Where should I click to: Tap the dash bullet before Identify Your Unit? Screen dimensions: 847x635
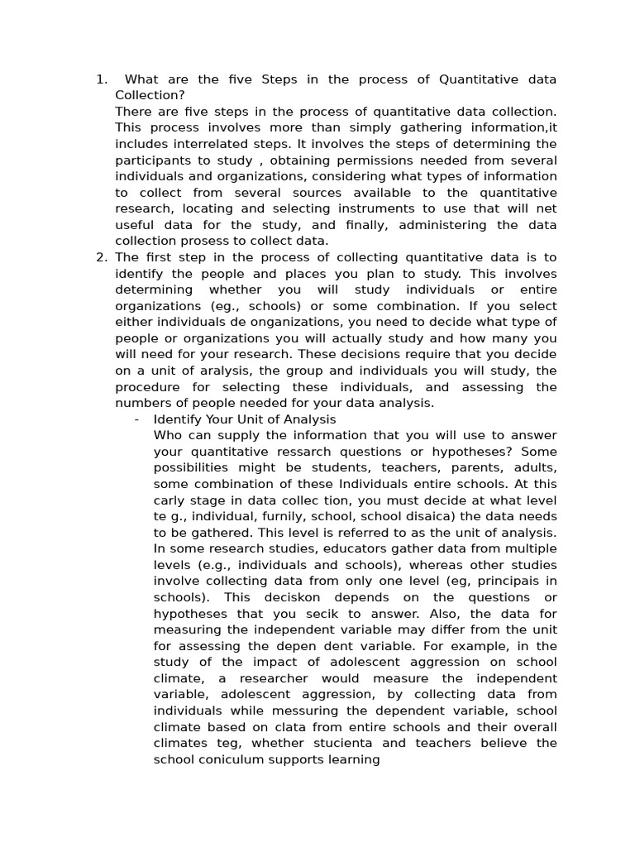[136, 419]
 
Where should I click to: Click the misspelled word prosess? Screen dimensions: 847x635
[197, 241]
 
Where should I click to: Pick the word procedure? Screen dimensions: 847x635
[148, 387]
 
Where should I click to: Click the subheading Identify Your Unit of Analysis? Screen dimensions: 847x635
[245, 419]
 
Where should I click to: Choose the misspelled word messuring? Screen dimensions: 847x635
[264, 711]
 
